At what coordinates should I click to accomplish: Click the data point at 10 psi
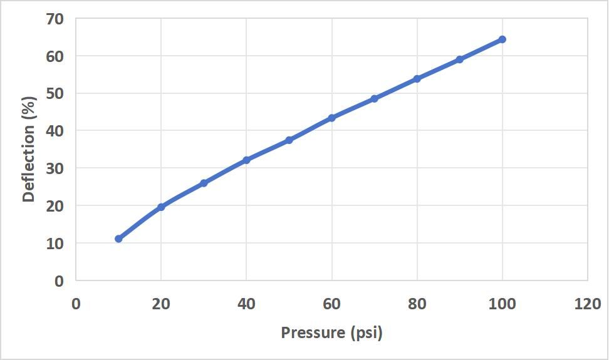click(118, 239)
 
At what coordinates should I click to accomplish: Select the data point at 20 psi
click(161, 207)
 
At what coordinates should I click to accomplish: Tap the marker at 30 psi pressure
click(204, 183)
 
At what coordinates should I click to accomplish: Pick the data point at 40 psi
click(246, 160)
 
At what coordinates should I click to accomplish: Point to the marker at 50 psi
click(289, 140)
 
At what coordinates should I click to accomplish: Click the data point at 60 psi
click(331, 118)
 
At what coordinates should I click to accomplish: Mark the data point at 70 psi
click(374, 98)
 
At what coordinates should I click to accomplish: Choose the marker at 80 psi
click(417, 78)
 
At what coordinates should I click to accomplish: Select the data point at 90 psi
click(459, 59)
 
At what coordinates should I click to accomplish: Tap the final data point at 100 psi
click(502, 39)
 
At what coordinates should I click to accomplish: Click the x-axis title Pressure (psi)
click(331, 332)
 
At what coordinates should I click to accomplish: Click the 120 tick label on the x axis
click(587, 304)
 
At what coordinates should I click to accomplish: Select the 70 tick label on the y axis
click(55, 19)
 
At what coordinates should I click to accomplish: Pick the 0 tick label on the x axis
click(76, 304)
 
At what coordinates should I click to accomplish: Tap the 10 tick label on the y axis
click(55, 244)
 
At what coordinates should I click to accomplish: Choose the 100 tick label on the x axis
click(502, 304)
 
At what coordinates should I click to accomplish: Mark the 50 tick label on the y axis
click(55, 94)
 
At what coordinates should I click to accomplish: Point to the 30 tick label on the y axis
click(55, 168)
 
